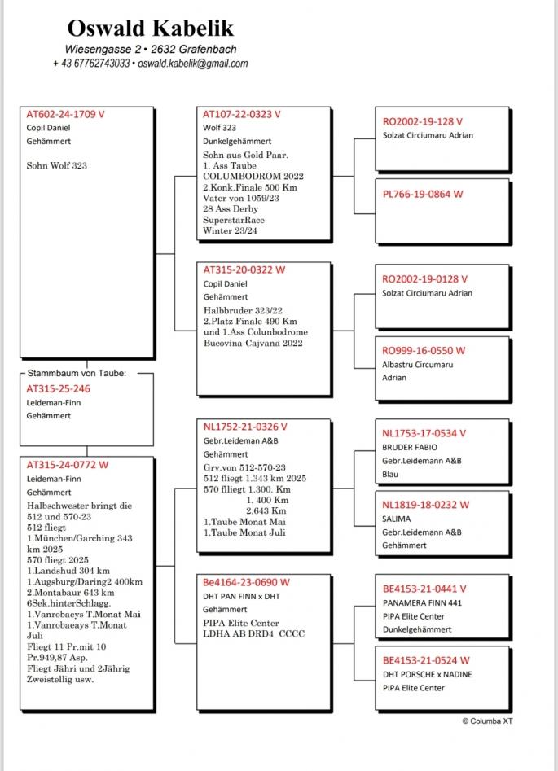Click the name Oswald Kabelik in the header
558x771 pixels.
[151, 28]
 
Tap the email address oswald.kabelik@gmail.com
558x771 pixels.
[193, 64]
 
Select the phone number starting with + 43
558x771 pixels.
[91, 64]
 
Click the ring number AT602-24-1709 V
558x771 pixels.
[66, 115]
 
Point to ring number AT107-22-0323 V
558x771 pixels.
[242, 115]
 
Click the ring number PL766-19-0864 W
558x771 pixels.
[423, 194]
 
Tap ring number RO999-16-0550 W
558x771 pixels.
[424, 350]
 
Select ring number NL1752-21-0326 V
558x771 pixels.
[245, 427]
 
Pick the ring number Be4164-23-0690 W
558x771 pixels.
[246, 582]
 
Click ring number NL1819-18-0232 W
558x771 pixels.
[424, 505]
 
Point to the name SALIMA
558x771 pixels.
[397, 519]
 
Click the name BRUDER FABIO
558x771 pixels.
[410, 447]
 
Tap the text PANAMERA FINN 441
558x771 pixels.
[422, 603]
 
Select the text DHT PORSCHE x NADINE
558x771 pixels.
[428, 674]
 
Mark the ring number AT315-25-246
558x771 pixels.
[59, 388]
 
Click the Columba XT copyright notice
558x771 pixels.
[487, 721]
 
